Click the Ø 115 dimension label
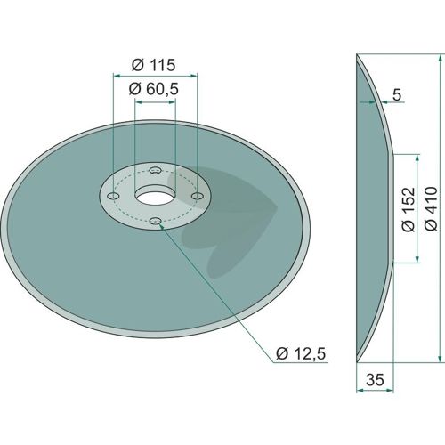tap(153, 65)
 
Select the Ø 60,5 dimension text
tap(154, 89)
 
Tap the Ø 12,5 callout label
tap(301, 353)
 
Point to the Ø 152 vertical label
tap(409, 209)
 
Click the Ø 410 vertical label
tap(431, 208)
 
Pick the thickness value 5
tap(397, 94)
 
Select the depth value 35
tap(375, 380)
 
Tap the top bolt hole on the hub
tap(156, 170)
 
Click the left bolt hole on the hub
tap(113, 196)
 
